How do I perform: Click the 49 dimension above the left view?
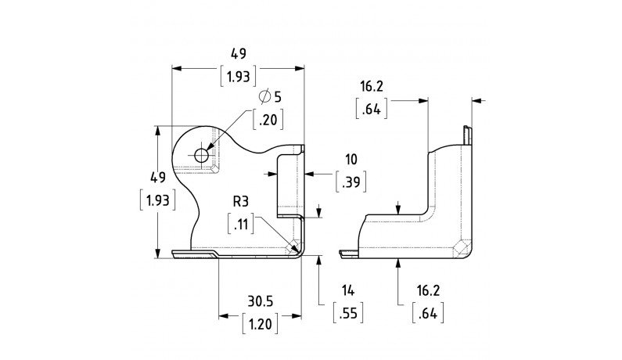[239, 54]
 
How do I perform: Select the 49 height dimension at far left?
[156, 177]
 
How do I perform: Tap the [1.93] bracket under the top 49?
[239, 77]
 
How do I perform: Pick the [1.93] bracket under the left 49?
[156, 200]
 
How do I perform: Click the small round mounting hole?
[202, 155]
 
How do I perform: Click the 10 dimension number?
[351, 160]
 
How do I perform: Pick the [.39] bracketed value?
[351, 183]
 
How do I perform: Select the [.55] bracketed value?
[348, 314]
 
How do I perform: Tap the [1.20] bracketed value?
[259, 322]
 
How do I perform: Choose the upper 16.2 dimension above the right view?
[372, 85]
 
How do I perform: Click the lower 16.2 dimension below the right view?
[428, 291]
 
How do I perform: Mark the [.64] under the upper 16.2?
[372, 109]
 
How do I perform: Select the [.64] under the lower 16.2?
[428, 314]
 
